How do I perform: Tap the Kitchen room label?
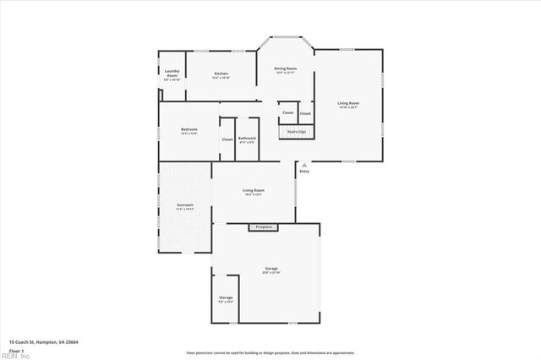[x=221, y=74]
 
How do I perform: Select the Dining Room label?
[x=285, y=68]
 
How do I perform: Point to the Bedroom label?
[x=189, y=129]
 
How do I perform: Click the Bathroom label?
[x=247, y=138]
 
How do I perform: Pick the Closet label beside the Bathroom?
[x=227, y=139]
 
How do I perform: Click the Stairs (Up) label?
[x=296, y=132]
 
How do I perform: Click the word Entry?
[x=304, y=172]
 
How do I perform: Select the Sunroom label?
[x=184, y=205]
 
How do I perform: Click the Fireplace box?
[x=264, y=227]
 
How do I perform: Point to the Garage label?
[x=270, y=269]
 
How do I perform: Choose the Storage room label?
[x=226, y=297]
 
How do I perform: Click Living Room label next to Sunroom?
[x=254, y=190]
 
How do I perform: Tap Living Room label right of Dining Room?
[x=348, y=103]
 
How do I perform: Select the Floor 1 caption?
[x=17, y=350]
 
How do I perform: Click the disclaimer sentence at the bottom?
[x=270, y=352]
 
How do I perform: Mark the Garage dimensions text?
[x=270, y=273]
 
